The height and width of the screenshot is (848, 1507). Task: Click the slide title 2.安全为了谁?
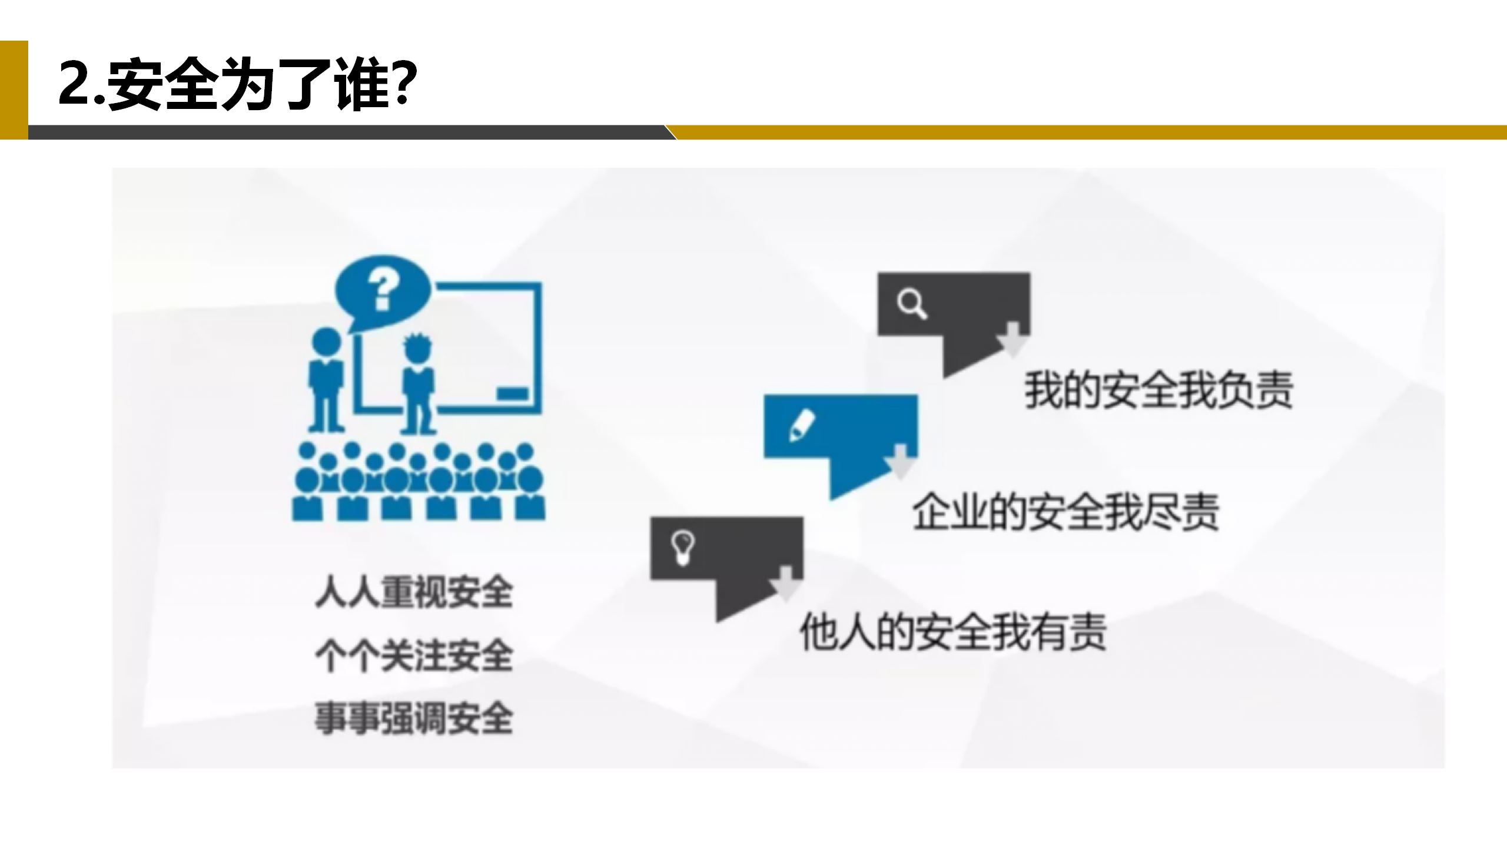pyautogui.click(x=238, y=84)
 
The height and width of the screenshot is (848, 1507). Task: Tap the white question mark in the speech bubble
pyautogui.click(x=383, y=289)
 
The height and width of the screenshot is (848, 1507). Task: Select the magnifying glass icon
pyautogui.click(x=911, y=304)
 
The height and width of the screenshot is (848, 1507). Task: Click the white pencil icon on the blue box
pyautogui.click(x=801, y=425)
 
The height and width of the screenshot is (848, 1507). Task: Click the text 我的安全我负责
pyautogui.click(x=1159, y=390)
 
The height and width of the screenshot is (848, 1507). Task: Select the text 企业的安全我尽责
pyautogui.click(x=1065, y=512)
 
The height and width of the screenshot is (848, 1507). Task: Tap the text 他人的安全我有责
pyautogui.click(x=952, y=632)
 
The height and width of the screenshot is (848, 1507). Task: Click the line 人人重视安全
pyautogui.click(x=414, y=592)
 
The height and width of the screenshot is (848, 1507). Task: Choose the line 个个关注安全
pyautogui.click(x=414, y=655)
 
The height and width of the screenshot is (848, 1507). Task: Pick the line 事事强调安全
pyautogui.click(x=414, y=718)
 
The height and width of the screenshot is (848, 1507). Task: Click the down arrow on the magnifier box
pyautogui.click(x=1013, y=340)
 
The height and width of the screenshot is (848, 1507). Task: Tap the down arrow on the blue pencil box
pyautogui.click(x=901, y=462)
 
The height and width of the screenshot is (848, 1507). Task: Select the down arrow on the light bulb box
pyautogui.click(x=786, y=584)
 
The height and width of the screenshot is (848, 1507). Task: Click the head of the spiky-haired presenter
pyautogui.click(x=417, y=348)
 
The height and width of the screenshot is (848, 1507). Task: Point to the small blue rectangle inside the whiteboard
pyautogui.click(x=512, y=393)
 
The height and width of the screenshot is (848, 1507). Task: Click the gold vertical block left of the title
pyautogui.click(x=14, y=90)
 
